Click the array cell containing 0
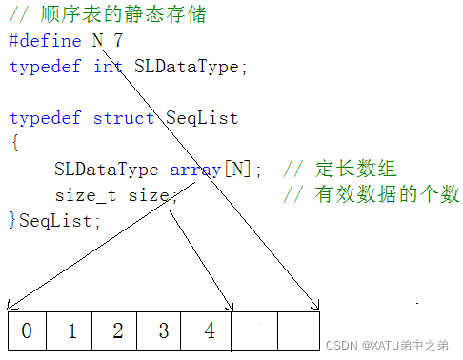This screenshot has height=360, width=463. [26, 330]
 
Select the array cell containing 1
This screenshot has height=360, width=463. [71, 330]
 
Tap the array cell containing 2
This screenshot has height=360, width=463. [117, 330]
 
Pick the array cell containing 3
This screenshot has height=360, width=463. [163, 330]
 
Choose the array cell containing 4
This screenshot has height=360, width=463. [209, 330]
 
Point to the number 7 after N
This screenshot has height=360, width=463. [117, 42]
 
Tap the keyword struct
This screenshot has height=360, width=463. [124, 118]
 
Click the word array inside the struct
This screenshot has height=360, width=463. [195, 170]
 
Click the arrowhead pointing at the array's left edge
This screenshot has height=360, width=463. [10, 306]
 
